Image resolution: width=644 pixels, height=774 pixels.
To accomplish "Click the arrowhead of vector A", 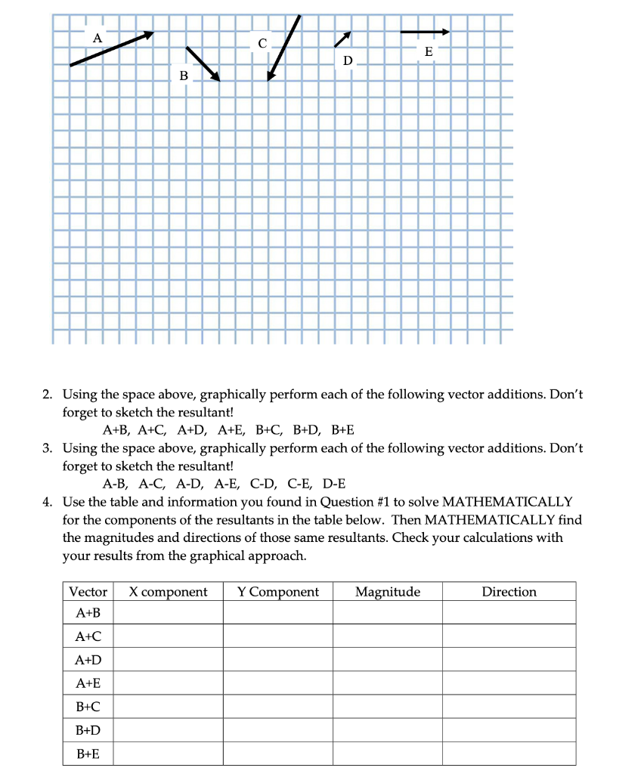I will coord(150,34).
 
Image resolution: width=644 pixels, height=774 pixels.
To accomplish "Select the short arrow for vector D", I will coord(343,39).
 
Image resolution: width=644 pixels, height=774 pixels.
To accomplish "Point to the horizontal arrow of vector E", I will coord(425,32).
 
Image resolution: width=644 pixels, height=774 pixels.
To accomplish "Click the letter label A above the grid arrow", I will coord(96,37).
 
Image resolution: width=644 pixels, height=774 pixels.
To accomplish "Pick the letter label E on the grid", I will coord(429,51).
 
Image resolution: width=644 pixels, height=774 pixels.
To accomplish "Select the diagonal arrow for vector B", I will coord(203,63).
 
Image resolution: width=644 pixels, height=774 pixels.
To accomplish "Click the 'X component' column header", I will coord(168,592).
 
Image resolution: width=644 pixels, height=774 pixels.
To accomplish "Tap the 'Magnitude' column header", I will coord(387,592).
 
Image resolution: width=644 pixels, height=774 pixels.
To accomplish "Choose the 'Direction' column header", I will coord(509,592).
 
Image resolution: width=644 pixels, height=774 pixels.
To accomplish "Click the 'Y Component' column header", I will coord(277,592).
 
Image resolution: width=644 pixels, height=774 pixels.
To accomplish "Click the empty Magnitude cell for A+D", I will coord(387,661).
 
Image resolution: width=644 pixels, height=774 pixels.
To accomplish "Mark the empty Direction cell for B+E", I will coord(509,754).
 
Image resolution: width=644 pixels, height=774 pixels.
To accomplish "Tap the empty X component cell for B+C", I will coord(168,707).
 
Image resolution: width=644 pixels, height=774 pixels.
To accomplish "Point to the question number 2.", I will coord(47,395).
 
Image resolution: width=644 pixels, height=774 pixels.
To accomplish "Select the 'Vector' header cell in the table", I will coord(88,592).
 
